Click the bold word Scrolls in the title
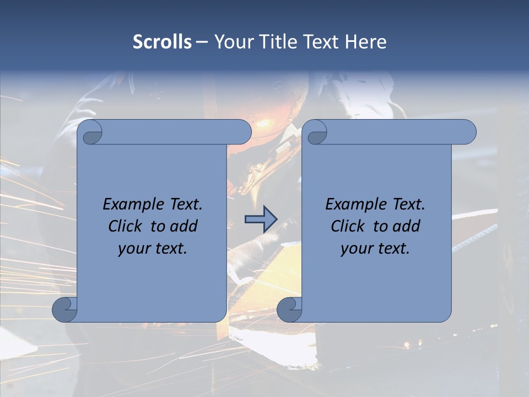tap(162, 42)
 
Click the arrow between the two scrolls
tap(261, 220)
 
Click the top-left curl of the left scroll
tap(90, 133)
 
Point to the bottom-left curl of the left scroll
tap(64, 309)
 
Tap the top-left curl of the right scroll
tap(315, 133)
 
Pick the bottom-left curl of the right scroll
tap(289, 309)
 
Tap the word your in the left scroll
tap(133, 249)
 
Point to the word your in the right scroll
tap(355, 249)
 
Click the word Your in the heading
tap(231, 42)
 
